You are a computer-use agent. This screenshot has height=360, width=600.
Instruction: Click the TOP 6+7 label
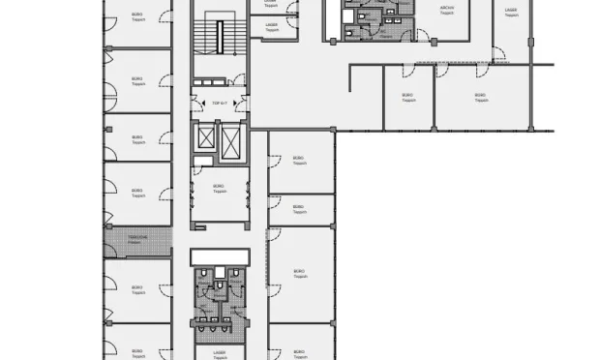[218, 103]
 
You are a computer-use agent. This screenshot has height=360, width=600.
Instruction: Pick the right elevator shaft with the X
[232, 141]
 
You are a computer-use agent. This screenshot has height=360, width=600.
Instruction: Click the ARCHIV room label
[446, 13]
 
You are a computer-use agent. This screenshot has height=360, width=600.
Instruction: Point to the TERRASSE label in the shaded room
[136, 238]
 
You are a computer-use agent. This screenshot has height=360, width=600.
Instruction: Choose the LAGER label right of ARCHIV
[510, 12]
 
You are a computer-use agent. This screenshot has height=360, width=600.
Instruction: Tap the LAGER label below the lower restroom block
[219, 354]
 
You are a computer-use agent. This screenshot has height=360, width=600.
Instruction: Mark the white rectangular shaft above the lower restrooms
[220, 255]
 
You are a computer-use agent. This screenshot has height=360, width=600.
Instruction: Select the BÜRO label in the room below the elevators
[219, 189]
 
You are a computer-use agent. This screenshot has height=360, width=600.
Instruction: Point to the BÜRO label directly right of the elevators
[300, 161]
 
